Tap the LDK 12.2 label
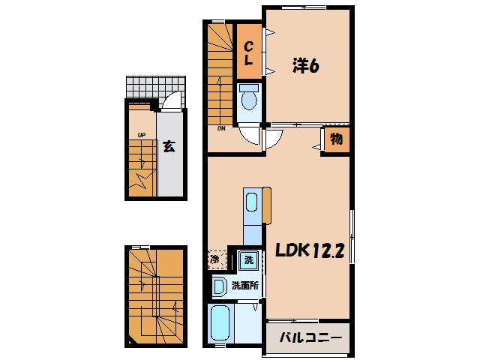point(310,250)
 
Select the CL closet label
point(248,53)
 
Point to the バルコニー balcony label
point(310,337)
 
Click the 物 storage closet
point(337,139)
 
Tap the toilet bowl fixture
point(249,97)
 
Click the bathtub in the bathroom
point(220,323)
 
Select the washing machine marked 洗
point(249,260)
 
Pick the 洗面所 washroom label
point(245,286)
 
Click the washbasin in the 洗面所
point(219,286)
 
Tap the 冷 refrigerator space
point(217,260)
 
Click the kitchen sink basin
point(252,202)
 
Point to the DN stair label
point(221,128)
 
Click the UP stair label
point(142,135)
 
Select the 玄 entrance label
point(169,147)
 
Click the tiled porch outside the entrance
point(156,87)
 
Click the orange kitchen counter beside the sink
point(267,205)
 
